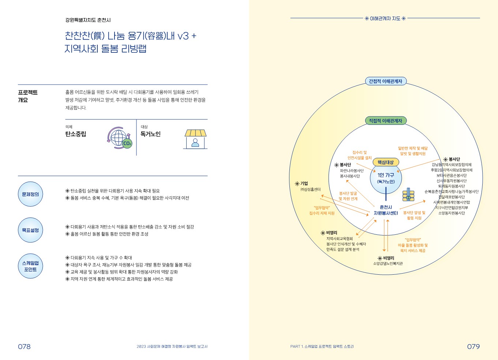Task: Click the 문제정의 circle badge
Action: tap(30, 194)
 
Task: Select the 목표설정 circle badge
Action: tap(30, 230)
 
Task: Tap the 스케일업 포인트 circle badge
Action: tap(30, 266)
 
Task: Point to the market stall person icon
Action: tap(195, 139)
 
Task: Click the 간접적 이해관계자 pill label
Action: tap(385, 81)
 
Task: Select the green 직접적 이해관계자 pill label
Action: tap(385, 121)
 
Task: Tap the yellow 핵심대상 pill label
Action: tap(386, 162)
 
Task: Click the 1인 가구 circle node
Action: tap(386, 178)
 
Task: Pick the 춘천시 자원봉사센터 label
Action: tap(386, 210)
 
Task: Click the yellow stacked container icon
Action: tap(408, 195)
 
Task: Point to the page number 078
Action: tap(25, 346)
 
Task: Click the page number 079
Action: tap(473, 346)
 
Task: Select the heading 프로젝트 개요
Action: tap(28, 96)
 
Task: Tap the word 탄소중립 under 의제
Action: tap(76, 134)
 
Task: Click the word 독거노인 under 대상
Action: tap(150, 134)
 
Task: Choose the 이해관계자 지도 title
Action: tap(385, 18)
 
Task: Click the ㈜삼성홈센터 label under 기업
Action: tap(310, 189)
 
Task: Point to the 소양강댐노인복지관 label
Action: tap(388, 264)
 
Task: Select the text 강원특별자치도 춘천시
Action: tap(88, 20)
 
